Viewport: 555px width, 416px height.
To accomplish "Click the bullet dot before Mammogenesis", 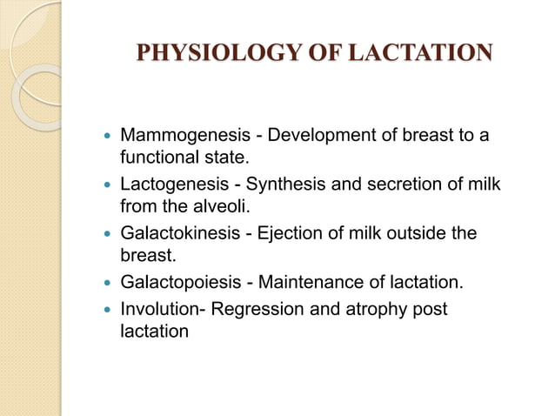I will click(x=108, y=138).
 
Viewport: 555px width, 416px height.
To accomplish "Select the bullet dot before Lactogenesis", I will click(x=108, y=187).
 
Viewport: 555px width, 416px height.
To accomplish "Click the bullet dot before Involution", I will click(x=108, y=309).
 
